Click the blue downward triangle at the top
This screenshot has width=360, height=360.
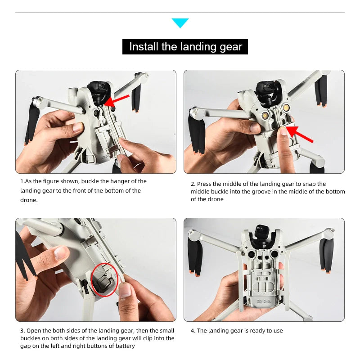180,22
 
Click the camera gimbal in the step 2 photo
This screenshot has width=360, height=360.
266,90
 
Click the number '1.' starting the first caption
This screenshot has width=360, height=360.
22,181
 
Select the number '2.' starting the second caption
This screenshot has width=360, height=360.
193,184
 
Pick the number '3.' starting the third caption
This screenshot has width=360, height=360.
22,331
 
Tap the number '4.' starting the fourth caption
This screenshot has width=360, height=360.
193,331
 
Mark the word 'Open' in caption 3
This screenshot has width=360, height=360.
34,331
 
